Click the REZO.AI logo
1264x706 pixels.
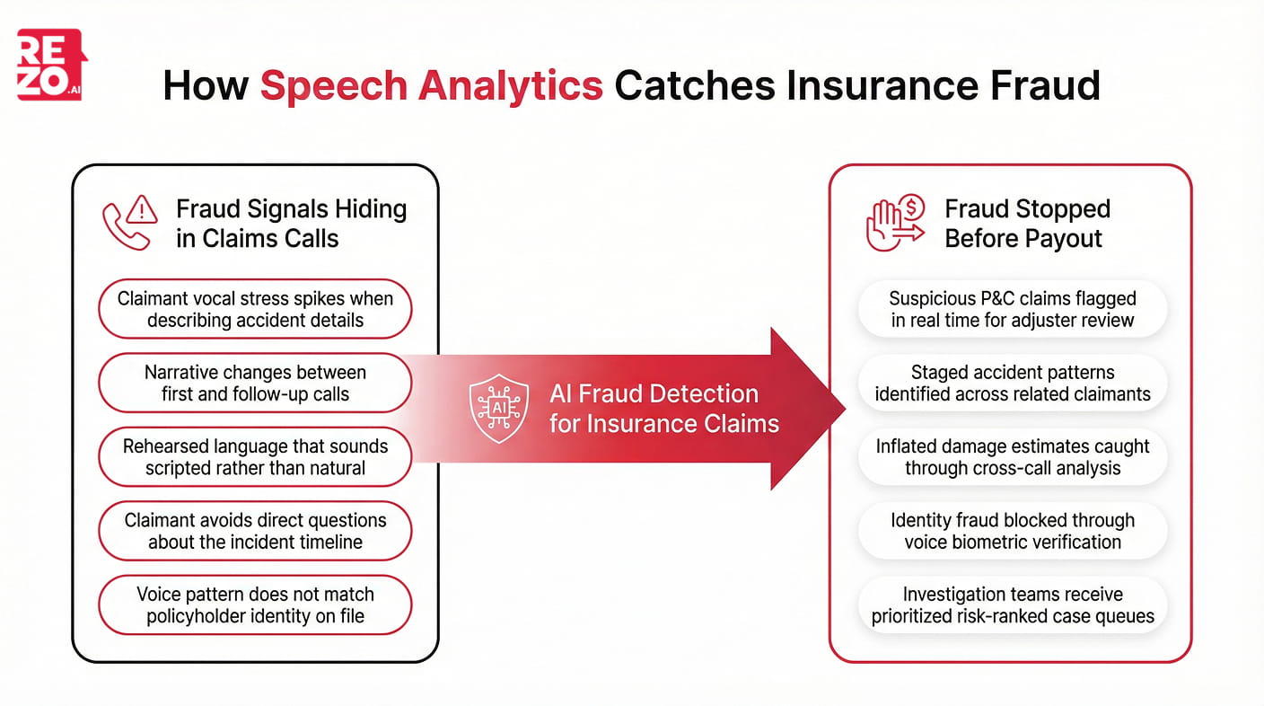click(51, 65)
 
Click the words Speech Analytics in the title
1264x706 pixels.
click(431, 85)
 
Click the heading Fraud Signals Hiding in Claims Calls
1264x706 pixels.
click(291, 224)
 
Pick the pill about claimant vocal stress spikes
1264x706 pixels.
click(255, 310)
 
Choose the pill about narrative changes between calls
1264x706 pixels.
click(255, 384)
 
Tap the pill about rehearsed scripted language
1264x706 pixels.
click(255, 457)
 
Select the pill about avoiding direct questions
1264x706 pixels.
click(255, 531)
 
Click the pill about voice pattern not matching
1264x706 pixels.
click(255, 605)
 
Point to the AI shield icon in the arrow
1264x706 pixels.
click(498, 409)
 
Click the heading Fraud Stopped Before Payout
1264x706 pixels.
click(1027, 224)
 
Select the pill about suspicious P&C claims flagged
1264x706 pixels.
click(1013, 310)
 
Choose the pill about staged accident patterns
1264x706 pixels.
click(1013, 384)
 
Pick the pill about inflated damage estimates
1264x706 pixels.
click(1013, 457)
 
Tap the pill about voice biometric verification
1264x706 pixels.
click(1013, 531)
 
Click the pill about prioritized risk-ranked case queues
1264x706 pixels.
click(1013, 605)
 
